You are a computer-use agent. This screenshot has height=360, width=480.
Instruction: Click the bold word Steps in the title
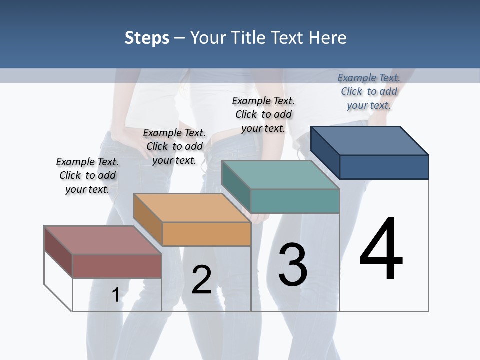click(147, 38)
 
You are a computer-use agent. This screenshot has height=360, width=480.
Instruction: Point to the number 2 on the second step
click(201, 279)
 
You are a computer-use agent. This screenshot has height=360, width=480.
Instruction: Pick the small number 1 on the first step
click(115, 295)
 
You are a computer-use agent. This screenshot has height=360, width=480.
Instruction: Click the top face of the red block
click(103, 240)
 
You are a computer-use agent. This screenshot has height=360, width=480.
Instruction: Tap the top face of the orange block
click(192, 208)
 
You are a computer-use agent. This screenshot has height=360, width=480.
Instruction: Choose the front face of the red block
click(117, 266)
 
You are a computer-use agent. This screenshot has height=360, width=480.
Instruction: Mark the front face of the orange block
click(206, 234)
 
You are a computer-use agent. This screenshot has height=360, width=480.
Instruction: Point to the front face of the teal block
click(295, 201)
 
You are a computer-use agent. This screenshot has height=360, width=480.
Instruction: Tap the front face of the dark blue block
click(384, 167)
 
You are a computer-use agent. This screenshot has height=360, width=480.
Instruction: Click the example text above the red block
click(87, 175)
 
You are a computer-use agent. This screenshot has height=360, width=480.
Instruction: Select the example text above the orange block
click(174, 146)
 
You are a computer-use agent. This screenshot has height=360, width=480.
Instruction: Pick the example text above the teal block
click(263, 114)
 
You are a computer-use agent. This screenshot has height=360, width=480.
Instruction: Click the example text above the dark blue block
click(369, 91)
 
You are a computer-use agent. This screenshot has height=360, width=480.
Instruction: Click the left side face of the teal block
click(236, 186)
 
